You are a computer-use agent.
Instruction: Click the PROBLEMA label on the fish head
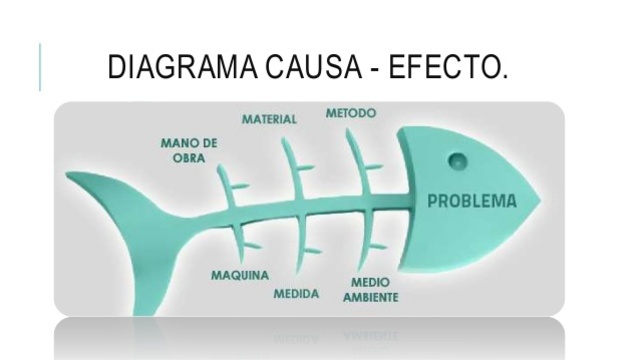click(472, 200)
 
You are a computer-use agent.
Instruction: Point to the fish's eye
click(457, 160)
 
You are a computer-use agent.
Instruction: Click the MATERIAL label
click(269, 120)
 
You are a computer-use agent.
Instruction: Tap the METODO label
click(351, 114)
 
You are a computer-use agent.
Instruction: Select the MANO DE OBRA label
click(189, 150)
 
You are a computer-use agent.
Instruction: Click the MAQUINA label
click(237, 275)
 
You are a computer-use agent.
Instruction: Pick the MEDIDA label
click(296, 294)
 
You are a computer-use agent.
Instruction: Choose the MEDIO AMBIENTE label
click(371, 290)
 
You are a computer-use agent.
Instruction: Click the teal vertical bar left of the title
click(41, 67)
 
